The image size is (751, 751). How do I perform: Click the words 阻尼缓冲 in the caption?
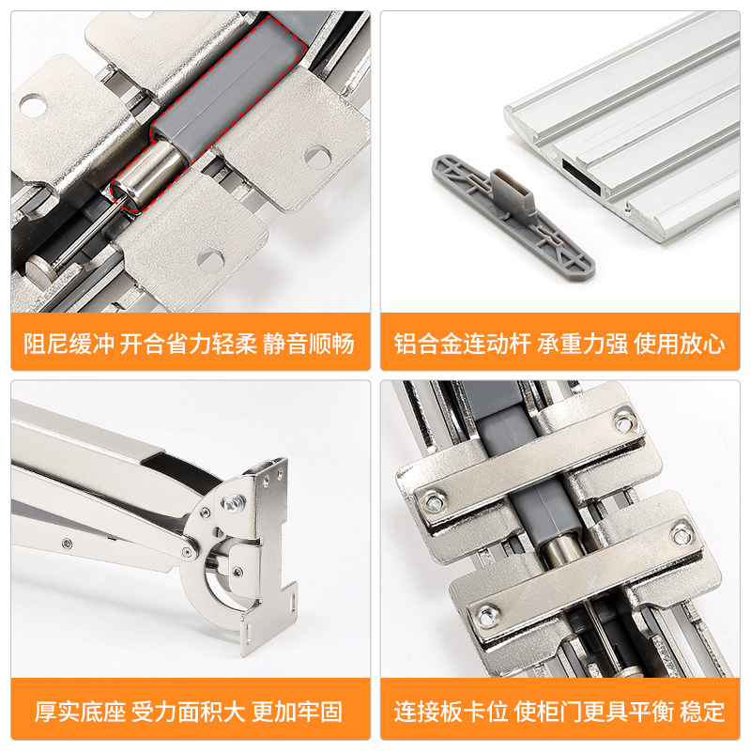[69, 343]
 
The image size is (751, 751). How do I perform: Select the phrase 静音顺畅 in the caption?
[309, 343]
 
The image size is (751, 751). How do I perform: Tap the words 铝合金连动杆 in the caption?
[462, 344]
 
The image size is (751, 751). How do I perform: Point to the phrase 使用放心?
[679, 344]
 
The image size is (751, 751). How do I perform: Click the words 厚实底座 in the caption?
[80, 712]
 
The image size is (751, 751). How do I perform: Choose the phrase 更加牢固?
[298, 712]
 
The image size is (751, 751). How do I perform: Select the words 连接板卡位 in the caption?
[452, 712]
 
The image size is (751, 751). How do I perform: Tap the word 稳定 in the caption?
[702, 712]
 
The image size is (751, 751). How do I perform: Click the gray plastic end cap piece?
[513, 215]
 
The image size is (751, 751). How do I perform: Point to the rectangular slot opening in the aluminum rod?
[581, 176]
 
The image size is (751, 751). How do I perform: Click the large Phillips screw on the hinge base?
[233, 502]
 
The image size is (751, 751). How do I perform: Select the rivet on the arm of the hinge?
[68, 544]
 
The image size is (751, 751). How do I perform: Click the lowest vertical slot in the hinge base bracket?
[248, 632]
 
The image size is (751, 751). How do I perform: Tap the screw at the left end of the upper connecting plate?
[435, 502]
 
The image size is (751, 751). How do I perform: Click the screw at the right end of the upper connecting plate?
[622, 423]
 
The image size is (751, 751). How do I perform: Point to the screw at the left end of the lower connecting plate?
[487, 616]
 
